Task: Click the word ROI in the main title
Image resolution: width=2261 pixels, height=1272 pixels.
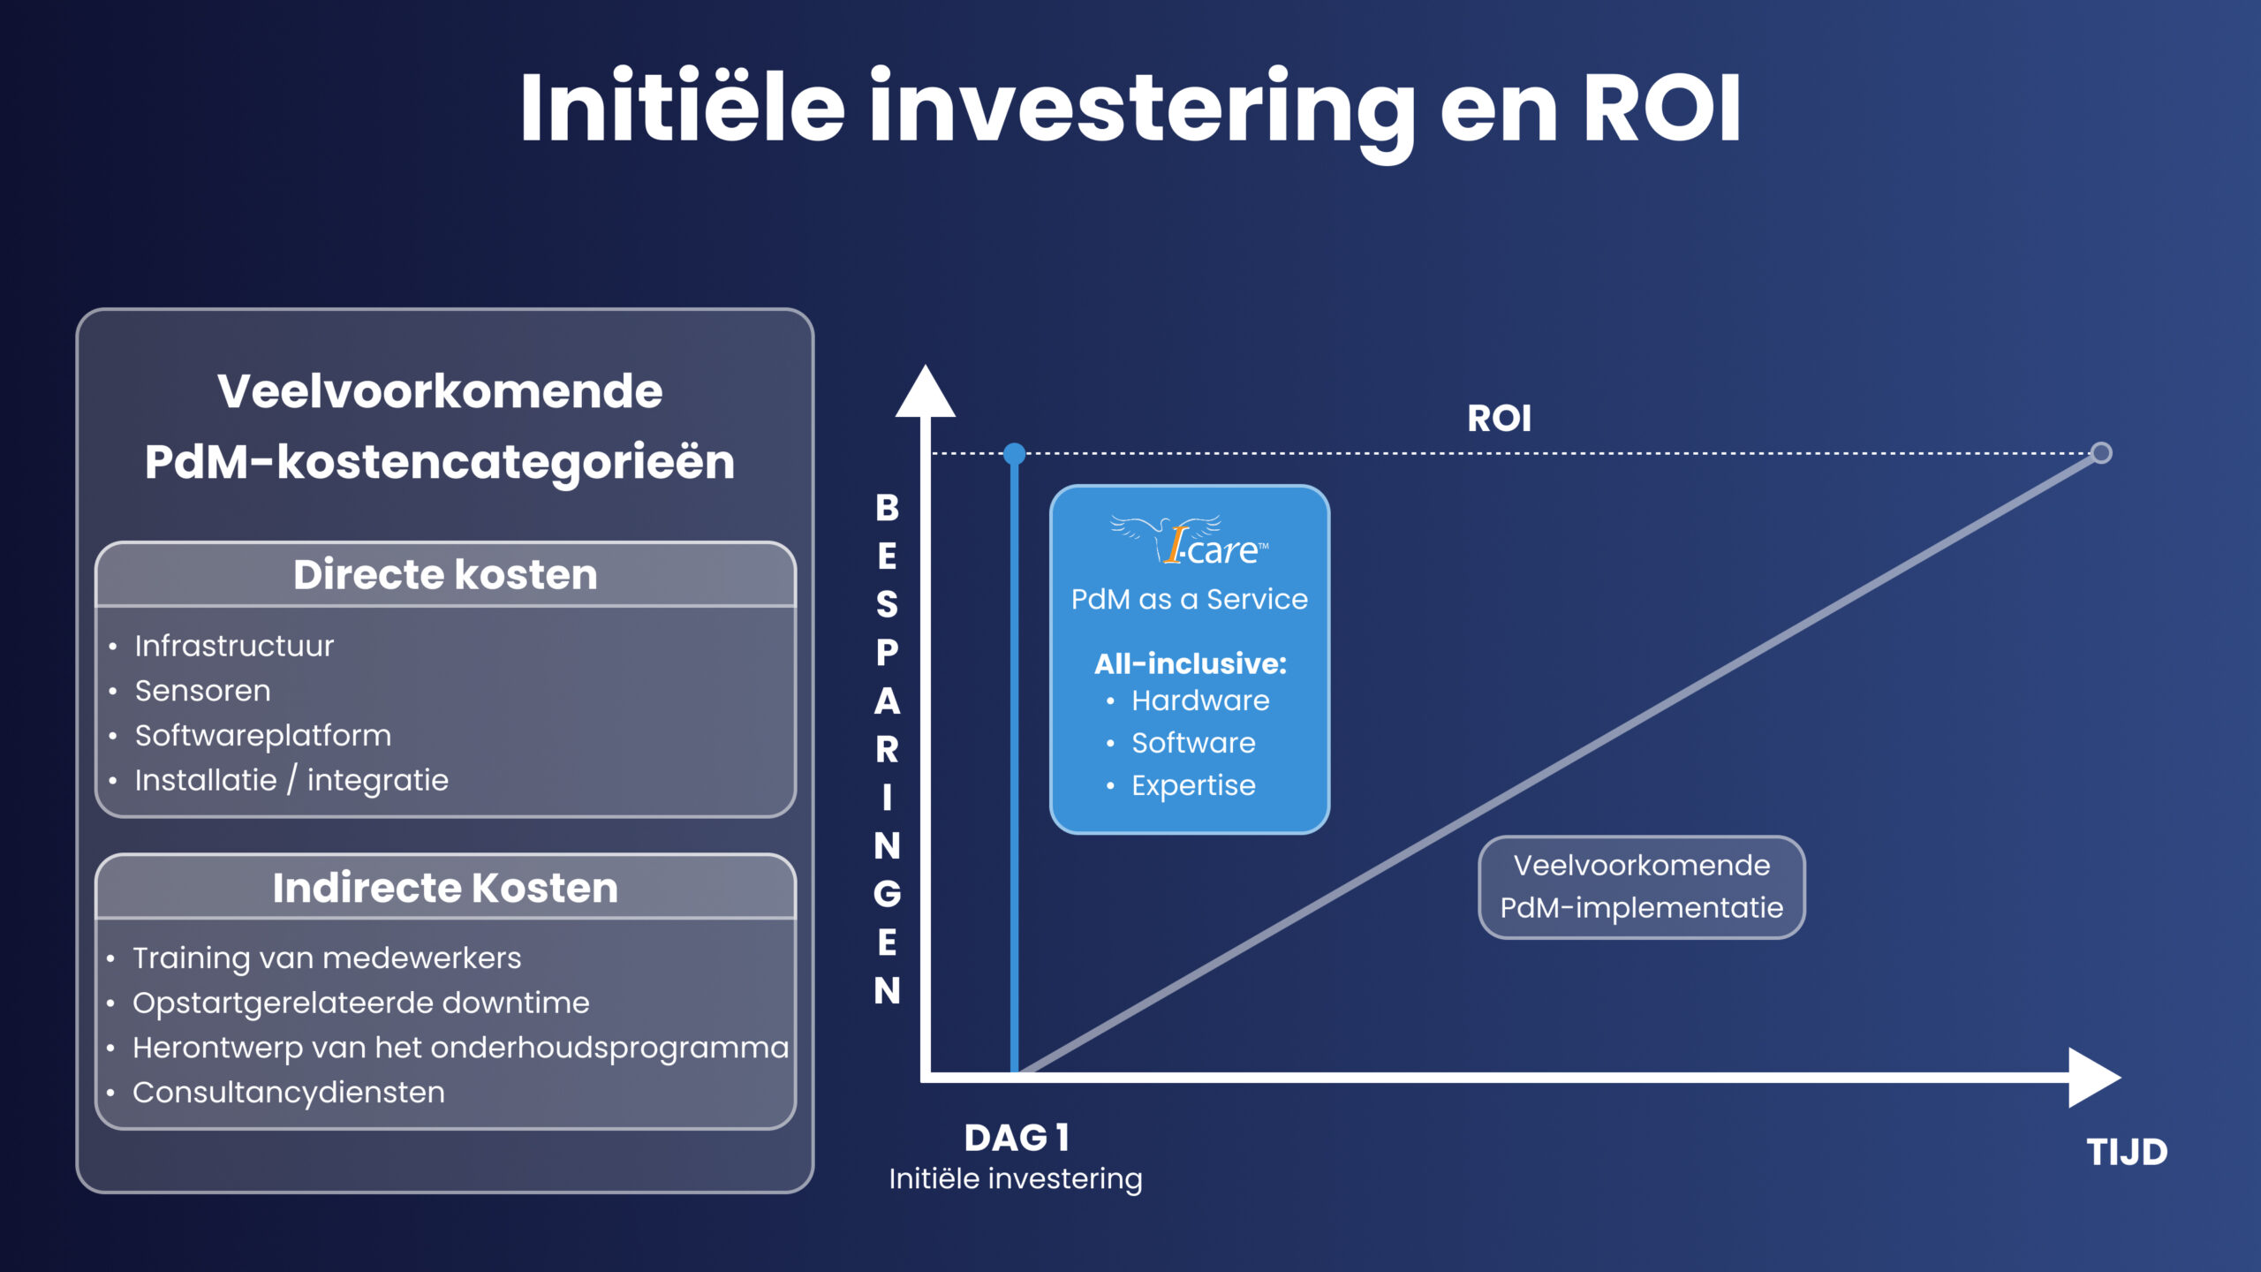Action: pyautogui.click(x=1660, y=109)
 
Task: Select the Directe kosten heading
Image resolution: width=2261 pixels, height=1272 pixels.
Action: pyautogui.click(x=445, y=575)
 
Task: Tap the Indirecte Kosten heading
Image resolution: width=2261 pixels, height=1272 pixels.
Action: pyautogui.click(x=445, y=888)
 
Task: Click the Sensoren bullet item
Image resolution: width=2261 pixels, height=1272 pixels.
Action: pyautogui.click(x=202, y=691)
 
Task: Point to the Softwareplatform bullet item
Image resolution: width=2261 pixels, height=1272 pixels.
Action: pyautogui.click(x=262, y=736)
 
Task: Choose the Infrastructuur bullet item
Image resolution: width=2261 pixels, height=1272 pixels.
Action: pyautogui.click(x=234, y=646)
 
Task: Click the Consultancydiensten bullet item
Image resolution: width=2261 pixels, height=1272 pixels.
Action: pyautogui.click(x=288, y=1093)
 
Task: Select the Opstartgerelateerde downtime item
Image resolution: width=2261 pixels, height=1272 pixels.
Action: pyautogui.click(x=360, y=1003)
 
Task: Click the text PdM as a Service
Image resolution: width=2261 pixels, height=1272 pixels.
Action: pyautogui.click(x=1189, y=600)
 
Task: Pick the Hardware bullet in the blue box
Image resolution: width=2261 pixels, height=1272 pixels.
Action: pyautogui.click(x=1199, y=700)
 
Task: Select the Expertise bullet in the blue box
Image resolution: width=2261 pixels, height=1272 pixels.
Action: pyautogui.click(x=1192, y=785)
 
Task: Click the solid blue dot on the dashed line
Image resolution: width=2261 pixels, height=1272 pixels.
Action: pyautogui.click(x=1015, y=454)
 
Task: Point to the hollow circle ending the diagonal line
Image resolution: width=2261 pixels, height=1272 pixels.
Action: pyautogui.click(x=2101, y=453)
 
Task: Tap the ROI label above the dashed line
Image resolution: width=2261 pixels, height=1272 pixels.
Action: pyautogui.click(x=1499, y=419)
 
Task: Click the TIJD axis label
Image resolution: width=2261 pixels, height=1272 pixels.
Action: pyautogui.click(x=2127, y=1153)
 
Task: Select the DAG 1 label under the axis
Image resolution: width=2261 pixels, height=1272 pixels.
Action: pyautogui.click(x=1017, y=1138)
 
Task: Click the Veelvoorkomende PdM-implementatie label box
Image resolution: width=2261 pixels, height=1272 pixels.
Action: pyautogui.click(x=1641, y=887)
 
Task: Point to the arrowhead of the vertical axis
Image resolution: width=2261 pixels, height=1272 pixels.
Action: pyautogui.click(x=925, y=394)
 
